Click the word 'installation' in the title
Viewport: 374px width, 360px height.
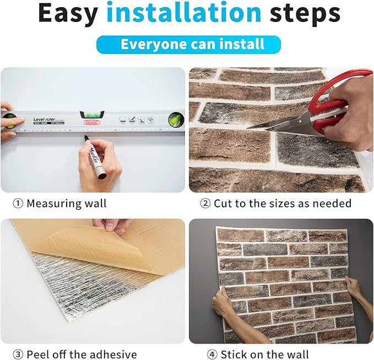coord(184,13)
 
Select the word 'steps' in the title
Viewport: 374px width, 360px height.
coord(306,13)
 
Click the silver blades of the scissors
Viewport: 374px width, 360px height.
coord(275,122)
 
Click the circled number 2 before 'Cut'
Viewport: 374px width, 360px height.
coord(205,204)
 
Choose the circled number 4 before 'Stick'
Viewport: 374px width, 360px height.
coord(212,354)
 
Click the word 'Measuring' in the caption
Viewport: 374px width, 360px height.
coord(54,204)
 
